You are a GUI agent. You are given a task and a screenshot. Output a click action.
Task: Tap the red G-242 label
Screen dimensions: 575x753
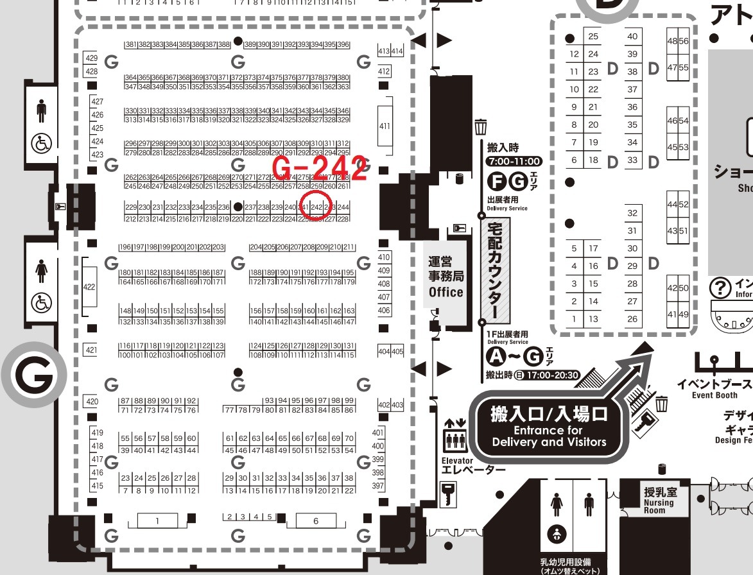(x=320, y=169)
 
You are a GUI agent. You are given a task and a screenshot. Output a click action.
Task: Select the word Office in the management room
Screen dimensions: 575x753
(x=446, y=292)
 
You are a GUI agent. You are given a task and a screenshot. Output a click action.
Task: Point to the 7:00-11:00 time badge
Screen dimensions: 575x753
(x=514, y=161)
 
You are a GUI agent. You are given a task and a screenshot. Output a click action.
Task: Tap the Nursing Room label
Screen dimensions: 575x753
(x=659, y=506)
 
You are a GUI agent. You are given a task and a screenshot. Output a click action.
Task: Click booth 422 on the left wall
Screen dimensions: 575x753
(x=89, y=287)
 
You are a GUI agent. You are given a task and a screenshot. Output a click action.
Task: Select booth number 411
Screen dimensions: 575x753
(x=385, y=126)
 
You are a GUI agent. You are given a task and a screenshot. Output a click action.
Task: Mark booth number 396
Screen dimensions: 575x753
(x=343, y=45)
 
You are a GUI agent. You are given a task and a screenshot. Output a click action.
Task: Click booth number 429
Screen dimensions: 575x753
(x=91, y=58)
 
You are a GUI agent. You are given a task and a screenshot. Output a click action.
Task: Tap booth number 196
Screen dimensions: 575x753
(x=125, y=247)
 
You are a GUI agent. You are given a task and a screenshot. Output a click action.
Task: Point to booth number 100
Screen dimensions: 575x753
(x=125, y=354)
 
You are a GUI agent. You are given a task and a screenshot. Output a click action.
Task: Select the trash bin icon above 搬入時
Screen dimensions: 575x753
(x=481, y=125)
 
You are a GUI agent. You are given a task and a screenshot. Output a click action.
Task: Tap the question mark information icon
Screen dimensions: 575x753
(x=721, y=286)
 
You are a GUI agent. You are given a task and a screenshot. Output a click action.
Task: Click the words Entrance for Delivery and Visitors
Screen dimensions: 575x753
(x=549, y=436)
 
